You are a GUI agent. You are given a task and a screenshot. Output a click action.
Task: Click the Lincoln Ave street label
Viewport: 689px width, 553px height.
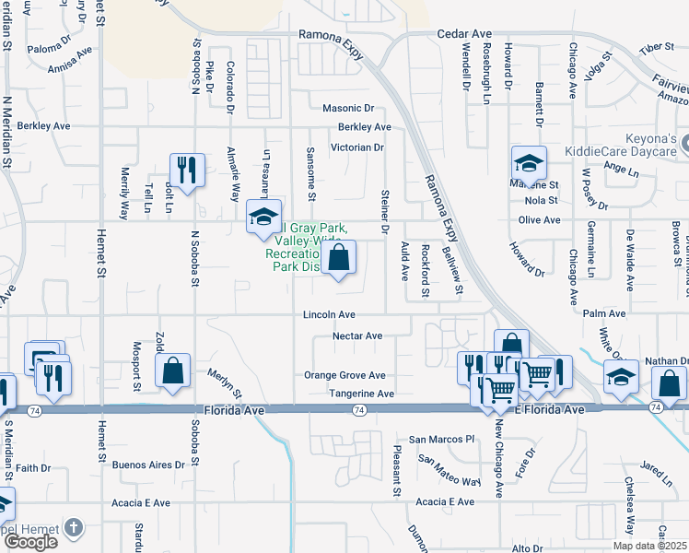329,315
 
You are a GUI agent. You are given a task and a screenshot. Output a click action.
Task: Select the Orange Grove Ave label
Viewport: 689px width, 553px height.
344,375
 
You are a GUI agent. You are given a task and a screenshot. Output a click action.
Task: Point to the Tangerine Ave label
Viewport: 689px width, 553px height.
361,394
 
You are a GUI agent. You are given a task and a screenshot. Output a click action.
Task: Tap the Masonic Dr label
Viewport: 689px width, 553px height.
347,108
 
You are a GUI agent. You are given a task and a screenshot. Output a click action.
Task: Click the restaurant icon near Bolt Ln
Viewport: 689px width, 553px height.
187,171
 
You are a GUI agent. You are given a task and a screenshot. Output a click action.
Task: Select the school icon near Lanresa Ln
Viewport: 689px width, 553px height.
263,218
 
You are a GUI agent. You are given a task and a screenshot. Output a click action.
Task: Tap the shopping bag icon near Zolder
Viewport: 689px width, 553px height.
172,371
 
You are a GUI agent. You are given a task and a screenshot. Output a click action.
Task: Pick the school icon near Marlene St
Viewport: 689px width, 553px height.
529,163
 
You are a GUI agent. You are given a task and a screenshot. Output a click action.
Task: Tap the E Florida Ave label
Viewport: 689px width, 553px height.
553,408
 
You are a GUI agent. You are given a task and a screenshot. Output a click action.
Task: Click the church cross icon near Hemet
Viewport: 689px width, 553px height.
73,529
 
